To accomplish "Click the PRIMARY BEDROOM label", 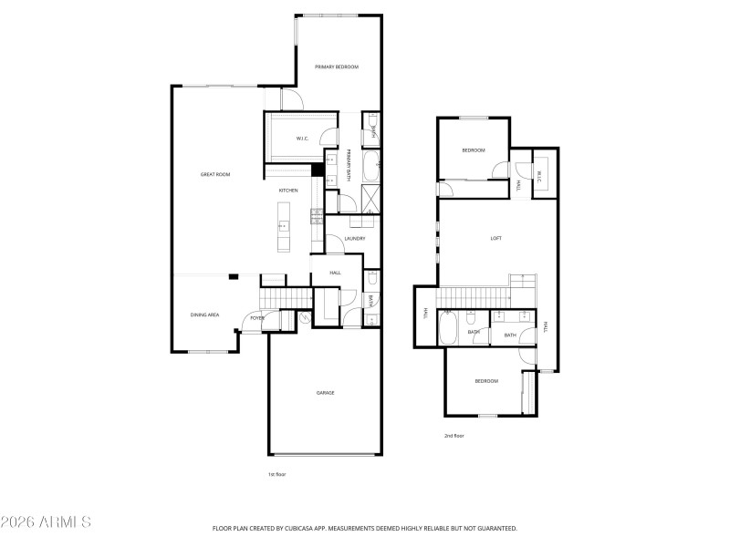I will point(337,67).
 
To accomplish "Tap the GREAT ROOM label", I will point(215,174).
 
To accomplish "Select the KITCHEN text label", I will point(288,190).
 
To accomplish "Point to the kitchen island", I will point(283,225).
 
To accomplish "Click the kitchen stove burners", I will point(316,215).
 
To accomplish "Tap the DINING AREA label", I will point(204,315).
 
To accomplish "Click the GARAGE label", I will point(325,392).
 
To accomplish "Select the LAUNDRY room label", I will point(355,239).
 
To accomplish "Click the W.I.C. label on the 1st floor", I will point(302,139).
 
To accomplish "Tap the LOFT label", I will point(495,238).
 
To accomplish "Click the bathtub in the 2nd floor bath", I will point(448,329).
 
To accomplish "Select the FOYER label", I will point(257,318).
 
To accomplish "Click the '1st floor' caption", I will point(276,474).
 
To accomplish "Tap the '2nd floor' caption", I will point(454,436).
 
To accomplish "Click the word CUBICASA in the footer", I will point(325,528).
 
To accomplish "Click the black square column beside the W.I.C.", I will point(318,170).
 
